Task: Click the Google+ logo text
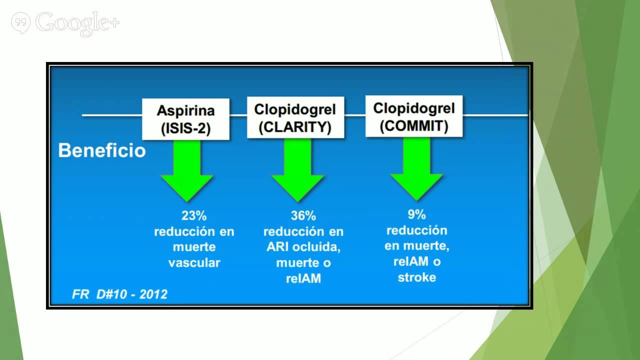pyautogui.click(x=78, y=23)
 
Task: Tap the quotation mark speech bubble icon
pyautogui.click(x=20, y=23)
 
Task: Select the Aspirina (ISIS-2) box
pyautogui.click(x=185, y=119)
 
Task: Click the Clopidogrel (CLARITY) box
pyautogui.click(x=295, y=118)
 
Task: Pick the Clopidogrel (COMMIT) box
pyautogui.click(x=413, y=116)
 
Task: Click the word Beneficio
pyautogui.click(x=101, y=150)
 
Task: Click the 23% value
pyautogui.click(x=194, y=216)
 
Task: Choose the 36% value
pyautogui.click(x=303, y=216)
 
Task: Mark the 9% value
pyautogui.click(x=416, y=214)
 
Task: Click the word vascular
pyautogui.click(x=194, y=263)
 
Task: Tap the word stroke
pyautogui.click(x=416, y=277)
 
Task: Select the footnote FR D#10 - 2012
pyautogui.click(x=119, y=294)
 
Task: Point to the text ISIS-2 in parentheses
pyautogui.click(x=185, y=128)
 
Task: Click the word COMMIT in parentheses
pyautogui.click(x=413, y=126)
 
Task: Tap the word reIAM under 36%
pyautogui.click(x=303, y=278)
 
